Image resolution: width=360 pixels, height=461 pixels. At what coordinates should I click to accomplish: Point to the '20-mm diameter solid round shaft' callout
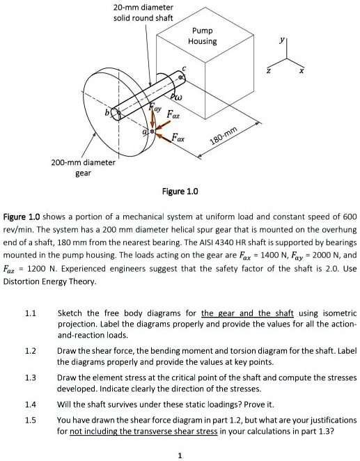pos(143,12)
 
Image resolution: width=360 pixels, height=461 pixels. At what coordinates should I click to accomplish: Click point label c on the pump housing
pos(184,66)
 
